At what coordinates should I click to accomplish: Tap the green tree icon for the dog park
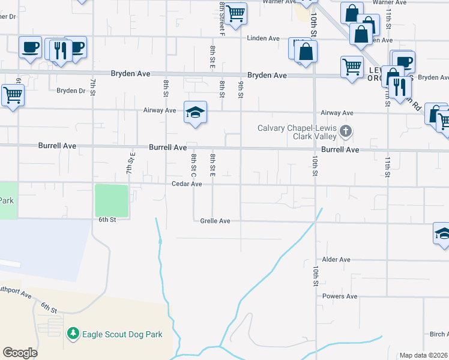point(73,333)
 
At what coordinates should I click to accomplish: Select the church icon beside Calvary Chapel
point(345,131)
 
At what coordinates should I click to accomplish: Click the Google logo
point(20,352)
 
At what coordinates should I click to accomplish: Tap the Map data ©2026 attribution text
point(423,355)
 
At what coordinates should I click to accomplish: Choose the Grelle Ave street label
point(215,221)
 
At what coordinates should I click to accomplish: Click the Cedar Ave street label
point(187,184)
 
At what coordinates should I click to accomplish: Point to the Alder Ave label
point(336,259)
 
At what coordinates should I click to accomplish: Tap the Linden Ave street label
point(264,38)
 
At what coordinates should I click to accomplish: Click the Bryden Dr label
point(71,91)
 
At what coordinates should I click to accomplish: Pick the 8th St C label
point(194,166)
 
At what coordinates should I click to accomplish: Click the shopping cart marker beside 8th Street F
point(236,12)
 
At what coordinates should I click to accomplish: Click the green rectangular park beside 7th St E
point(112,200)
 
